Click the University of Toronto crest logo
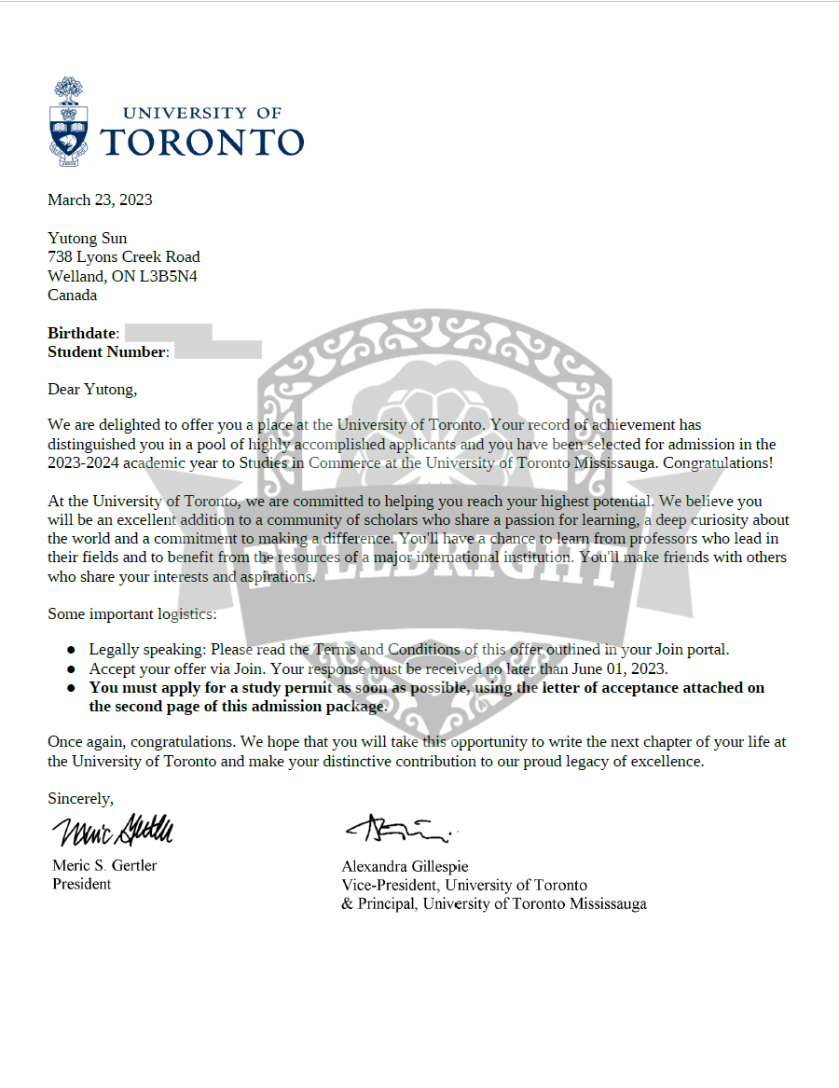point(69,122)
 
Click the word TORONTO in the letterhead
point(201,142)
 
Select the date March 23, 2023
point(100,200)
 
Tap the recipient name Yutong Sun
point(87,238)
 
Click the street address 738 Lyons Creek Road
point(123,256)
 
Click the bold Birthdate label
point(82,333)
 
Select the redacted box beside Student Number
point(217,351)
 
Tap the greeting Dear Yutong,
point(91,389)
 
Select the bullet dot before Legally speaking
point(71,650)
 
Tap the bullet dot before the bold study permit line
point(71,688)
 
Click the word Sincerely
point(80,798)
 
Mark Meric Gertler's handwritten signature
point(112,829)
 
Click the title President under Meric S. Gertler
point(81,884)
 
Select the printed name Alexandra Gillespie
point(405,866)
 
